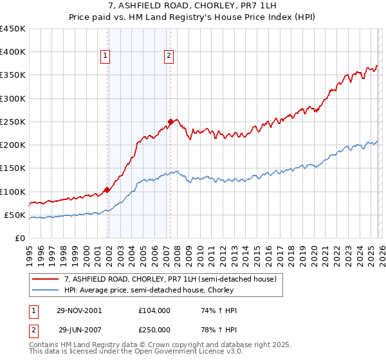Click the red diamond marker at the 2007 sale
[170, 122]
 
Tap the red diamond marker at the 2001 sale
[107, 190]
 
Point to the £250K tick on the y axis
[13, 122]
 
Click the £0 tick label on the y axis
[21, 238]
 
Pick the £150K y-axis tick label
[13, 168]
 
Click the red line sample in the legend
[46, 279]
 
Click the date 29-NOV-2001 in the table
[79, 310]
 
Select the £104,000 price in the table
[154, 310]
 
